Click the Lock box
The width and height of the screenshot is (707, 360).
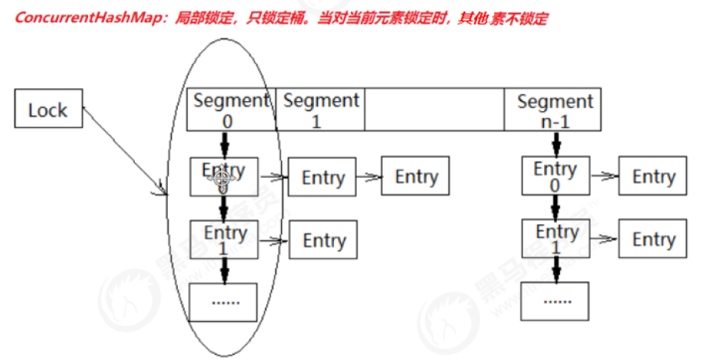[47, 110]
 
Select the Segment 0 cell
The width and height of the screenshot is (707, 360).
[231, 110]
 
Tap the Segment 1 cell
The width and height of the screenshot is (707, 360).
[320, 110]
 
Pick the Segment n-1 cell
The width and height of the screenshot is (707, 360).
[555, 110]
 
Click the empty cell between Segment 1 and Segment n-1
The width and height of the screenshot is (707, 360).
[434, 110]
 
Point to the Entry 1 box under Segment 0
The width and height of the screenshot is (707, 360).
[224, 240]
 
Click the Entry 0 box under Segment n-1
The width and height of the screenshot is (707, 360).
[555, 177]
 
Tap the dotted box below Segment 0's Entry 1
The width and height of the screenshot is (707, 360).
[224, 302]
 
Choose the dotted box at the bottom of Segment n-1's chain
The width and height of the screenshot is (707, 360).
[555, 301]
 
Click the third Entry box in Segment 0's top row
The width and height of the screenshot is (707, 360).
[416, 176]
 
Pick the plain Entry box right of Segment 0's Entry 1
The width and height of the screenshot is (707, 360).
[323, 241]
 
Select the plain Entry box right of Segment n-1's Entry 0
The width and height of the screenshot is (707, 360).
[653, 176]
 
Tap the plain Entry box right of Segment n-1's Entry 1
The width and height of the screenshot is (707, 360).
[653, 240]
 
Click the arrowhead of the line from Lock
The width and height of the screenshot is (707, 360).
[163, 189]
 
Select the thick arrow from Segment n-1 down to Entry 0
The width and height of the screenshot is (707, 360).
[556, 143]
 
